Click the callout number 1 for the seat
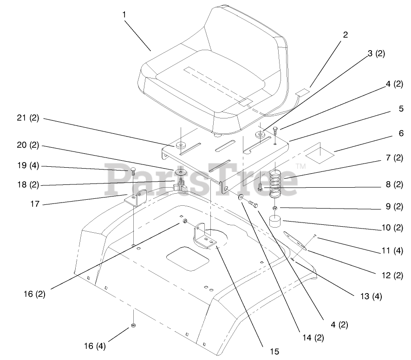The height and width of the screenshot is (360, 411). (124, 14)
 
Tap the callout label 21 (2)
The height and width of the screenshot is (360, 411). (28, 118)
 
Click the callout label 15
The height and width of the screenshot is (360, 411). (274, 352)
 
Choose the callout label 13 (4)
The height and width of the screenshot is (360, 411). (371, 296)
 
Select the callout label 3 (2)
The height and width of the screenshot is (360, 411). (376, 53)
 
